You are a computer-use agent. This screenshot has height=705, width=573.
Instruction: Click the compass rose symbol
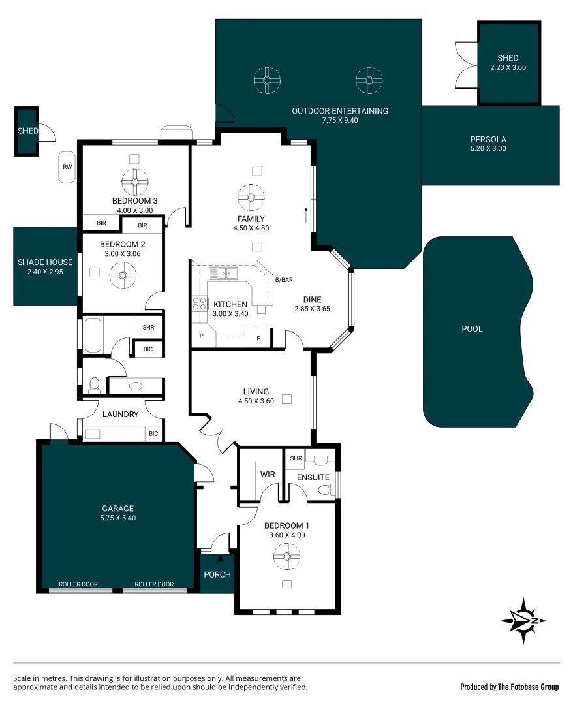[x=523, y=621]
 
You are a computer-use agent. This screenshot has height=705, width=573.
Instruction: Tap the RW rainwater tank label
[x=67, y=167]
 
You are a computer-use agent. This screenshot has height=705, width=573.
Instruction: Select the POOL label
[x=472, y=329]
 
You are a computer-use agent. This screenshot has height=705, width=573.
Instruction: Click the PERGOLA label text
[x=488, y=139]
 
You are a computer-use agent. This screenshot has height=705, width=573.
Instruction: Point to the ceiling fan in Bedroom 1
[x=286, y=557]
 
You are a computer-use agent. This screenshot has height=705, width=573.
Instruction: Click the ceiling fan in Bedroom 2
[x=121, y=274]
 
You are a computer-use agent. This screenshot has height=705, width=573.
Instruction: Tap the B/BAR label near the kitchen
[x=284, y=280]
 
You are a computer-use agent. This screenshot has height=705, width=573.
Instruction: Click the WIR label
[x=268, y=475]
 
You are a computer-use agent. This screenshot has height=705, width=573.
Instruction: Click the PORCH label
[x=217, y=574]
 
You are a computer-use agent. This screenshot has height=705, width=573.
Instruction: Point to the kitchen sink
[x=227, y=273]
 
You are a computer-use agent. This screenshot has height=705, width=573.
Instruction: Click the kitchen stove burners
[x=199, y=304]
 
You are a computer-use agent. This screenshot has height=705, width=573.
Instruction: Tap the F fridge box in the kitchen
[x=258, y=339]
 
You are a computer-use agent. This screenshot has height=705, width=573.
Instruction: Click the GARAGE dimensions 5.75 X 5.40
[x=117, y=518]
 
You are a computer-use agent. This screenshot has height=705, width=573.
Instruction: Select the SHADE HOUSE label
[x=45, y=262]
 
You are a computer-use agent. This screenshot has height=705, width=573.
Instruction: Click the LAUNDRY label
[x=121, y=414]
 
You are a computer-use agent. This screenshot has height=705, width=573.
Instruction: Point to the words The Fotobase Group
[x=528, y=687]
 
